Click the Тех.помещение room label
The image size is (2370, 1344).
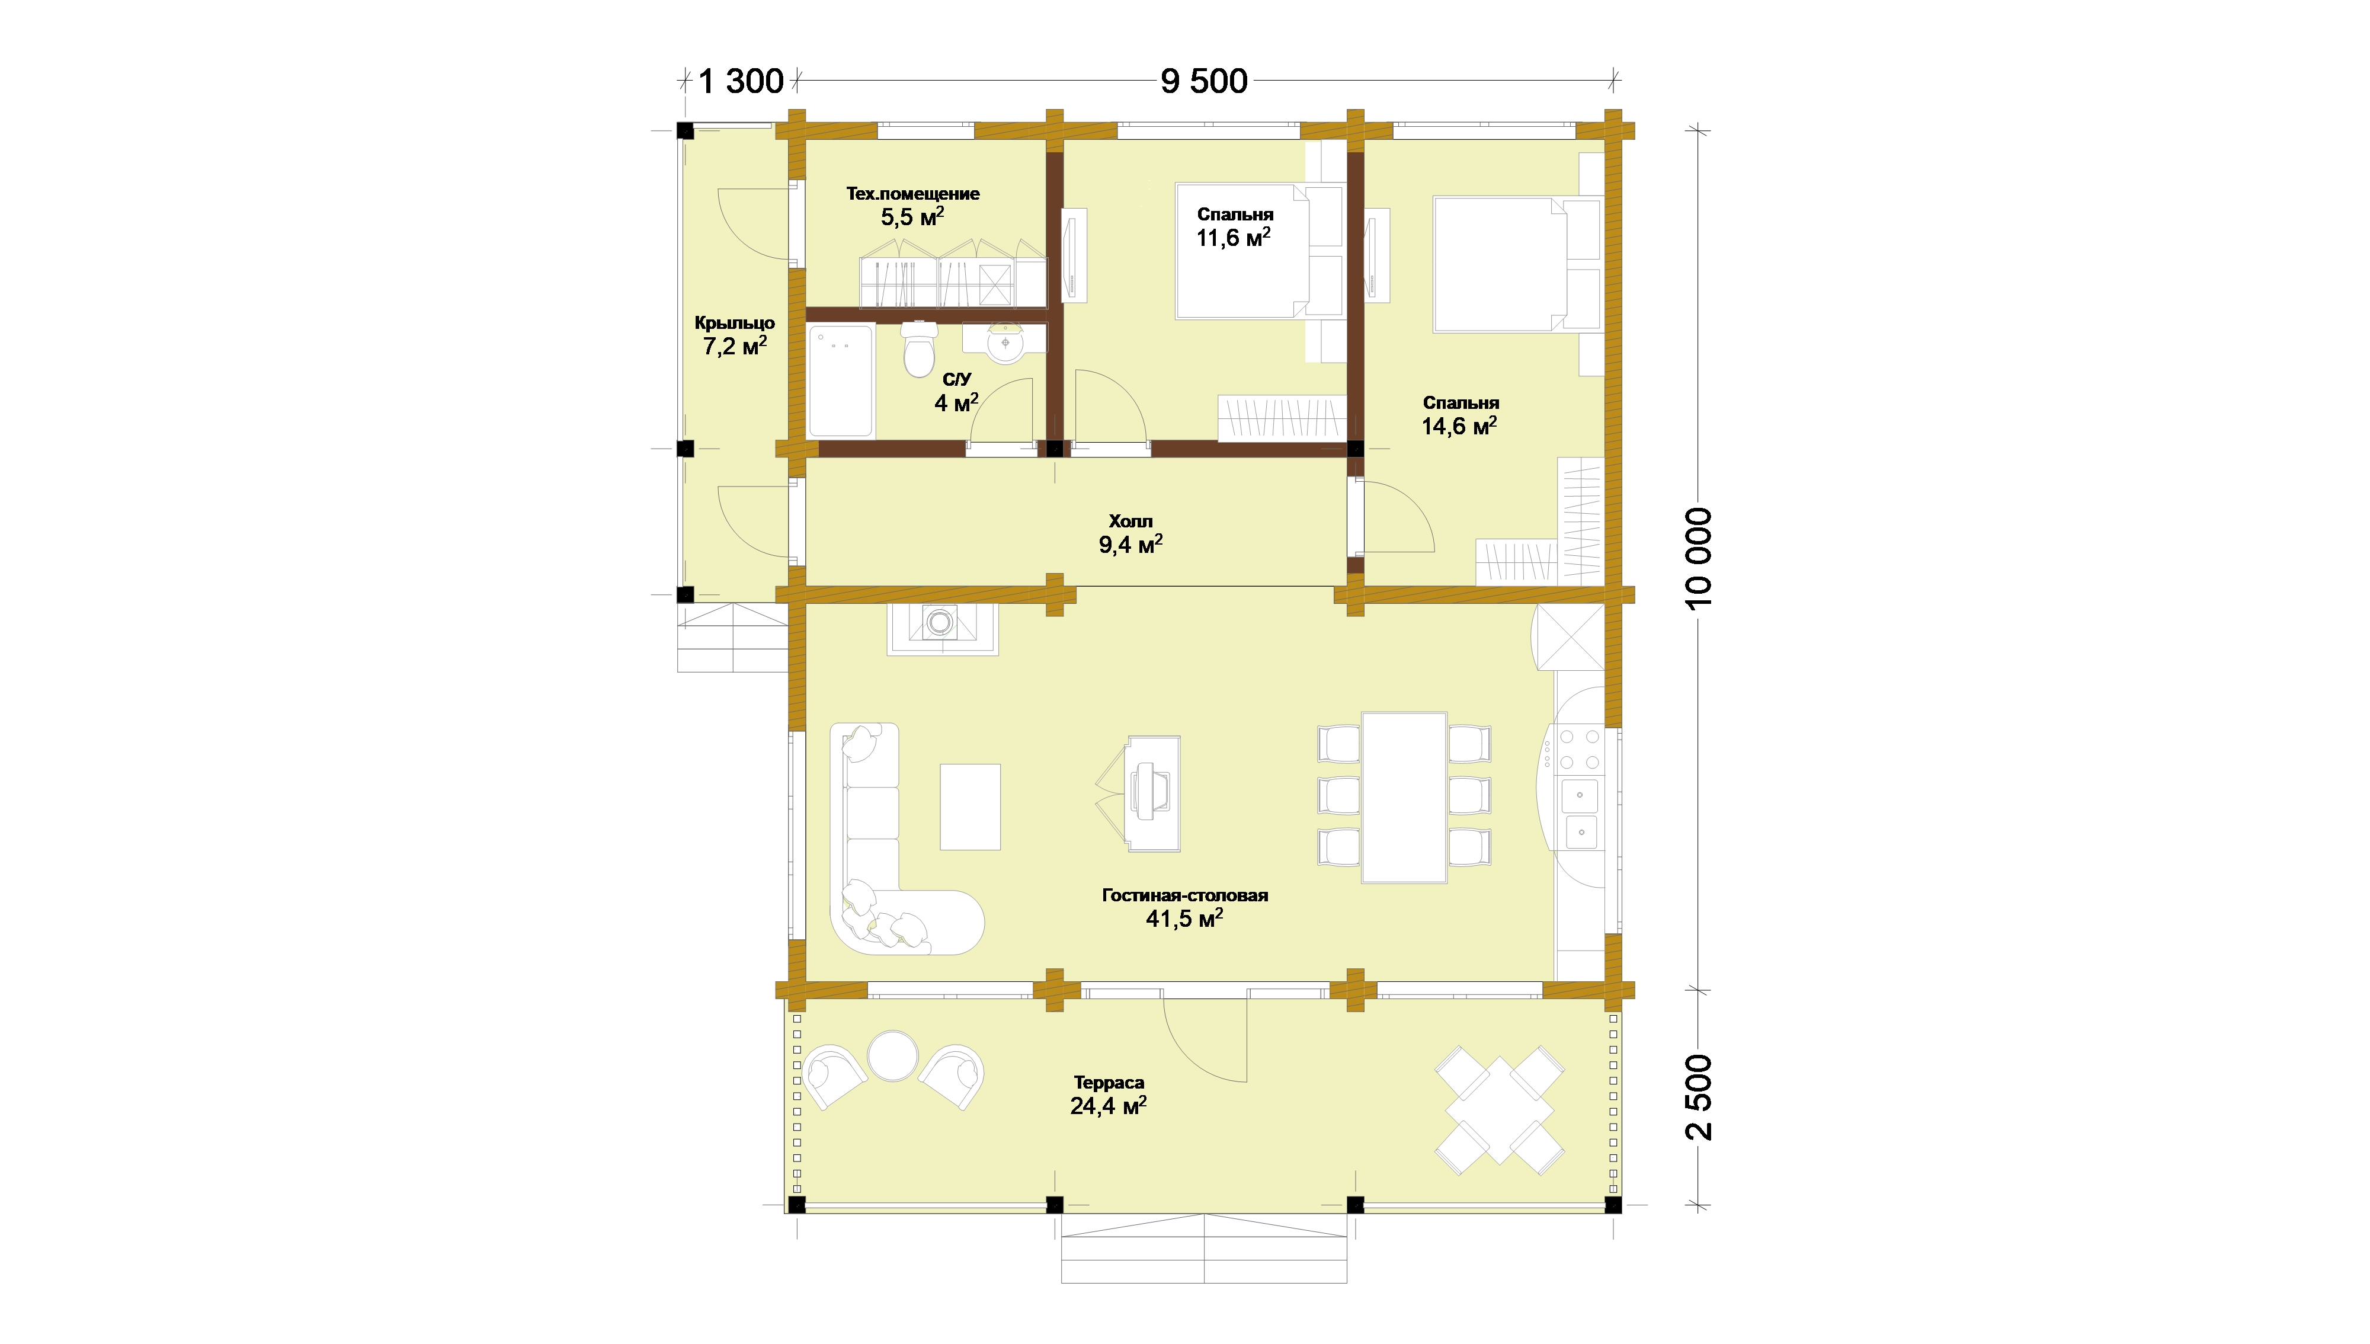[x=912, y=194]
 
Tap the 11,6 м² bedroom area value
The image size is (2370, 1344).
[x=1234, y=237]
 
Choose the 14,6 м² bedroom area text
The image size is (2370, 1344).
[x=1459, y=425]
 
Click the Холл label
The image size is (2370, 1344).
[x=1130, y=521]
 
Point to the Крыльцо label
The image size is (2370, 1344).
[x=735, y=323]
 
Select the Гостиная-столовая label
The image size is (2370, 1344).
[x=1185, y=895]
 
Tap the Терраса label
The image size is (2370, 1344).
[x=1109, y=1082]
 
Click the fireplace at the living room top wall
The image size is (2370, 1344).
[x=942, y=629]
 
